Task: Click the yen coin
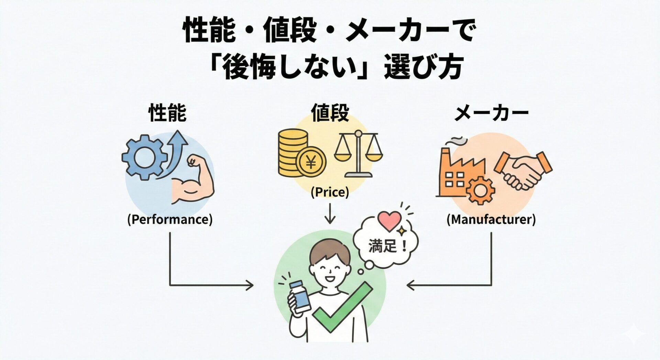click(x=311, y=163)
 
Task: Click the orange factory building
click(x=457, y=172)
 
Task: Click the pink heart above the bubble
click(x=389, y=221)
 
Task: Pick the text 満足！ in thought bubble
click(x=388, y=246)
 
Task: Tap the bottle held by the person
click(x=300, y=296)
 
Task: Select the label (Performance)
click(x=170, y=219)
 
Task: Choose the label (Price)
click(x=330, y=192)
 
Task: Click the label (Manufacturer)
click(x=491, y=219)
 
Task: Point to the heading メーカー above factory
click(x=491, y=114)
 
